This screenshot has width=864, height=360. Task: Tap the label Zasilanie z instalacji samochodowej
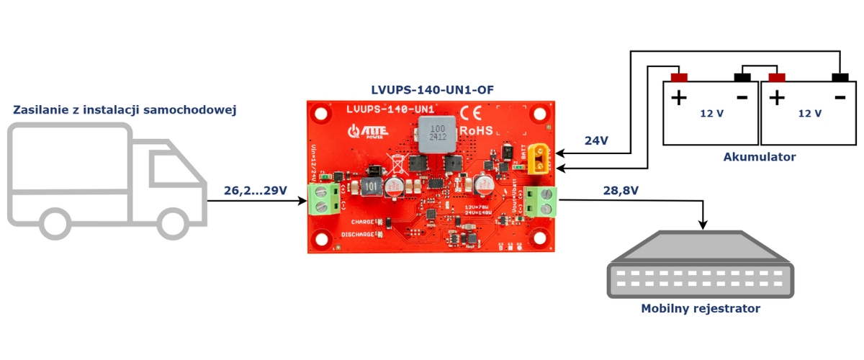coord(125,109)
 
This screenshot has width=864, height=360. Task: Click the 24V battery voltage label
coord(596,141)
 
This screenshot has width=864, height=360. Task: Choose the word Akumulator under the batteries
coord(760,157)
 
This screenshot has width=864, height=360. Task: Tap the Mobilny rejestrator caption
coord(701,309)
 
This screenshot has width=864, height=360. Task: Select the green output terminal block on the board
coord(542,201)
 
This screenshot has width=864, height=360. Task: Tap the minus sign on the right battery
coord(840,96)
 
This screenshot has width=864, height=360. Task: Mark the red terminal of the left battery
coord(679,77)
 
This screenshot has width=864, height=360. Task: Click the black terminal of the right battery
coord(840,77)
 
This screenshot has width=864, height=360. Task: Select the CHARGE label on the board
coord(357,222)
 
